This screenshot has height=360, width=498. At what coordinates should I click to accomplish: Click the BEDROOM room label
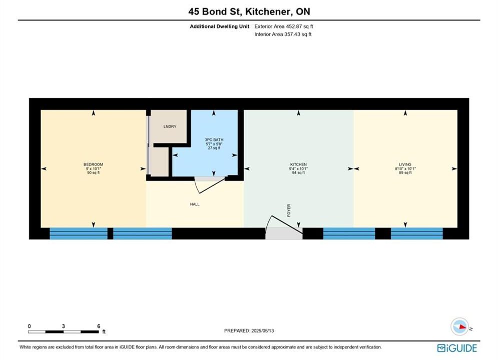[x=93, y=164]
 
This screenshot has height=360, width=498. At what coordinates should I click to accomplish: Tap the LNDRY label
[x=170, y=126]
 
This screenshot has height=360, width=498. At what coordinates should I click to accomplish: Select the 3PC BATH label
[x=214, y=139]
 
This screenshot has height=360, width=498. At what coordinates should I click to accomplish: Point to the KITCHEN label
[x=298, y=164]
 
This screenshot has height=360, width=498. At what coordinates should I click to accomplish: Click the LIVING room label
[x=405, y=164]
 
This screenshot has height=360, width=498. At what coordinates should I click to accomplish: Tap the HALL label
[x=195, y=204]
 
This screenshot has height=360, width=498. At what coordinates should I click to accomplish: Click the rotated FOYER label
[x=289, y=210]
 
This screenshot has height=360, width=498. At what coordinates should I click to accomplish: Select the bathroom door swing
[x=210, y=184]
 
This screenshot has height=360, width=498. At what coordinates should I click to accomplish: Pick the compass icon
[x=459, y=326]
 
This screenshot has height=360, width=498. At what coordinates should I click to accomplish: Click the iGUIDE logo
[x=457, y=348]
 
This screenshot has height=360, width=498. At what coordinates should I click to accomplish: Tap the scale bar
[x=63, y=332]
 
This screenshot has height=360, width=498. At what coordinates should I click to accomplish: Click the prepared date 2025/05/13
[x=262, y=330]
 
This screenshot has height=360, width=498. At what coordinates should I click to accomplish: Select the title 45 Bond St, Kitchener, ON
[x=249, y=11]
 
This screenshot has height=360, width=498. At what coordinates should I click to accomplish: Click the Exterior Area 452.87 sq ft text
[x=284, y=26]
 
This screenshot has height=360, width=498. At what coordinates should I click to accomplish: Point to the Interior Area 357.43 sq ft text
[x=283, y=34]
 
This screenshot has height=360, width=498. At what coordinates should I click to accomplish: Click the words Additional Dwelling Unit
[x=219, y=26]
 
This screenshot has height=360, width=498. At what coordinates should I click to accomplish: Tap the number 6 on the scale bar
[x=99, y=326]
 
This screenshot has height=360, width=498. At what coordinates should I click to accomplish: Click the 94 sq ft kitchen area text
[x=298, y=173]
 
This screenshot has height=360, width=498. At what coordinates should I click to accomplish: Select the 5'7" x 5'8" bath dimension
[x=214, y=144]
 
